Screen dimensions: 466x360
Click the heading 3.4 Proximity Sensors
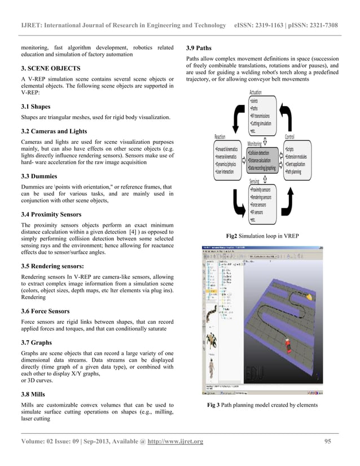click(51, 214)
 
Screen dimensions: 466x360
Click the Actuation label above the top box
click(260, 93)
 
